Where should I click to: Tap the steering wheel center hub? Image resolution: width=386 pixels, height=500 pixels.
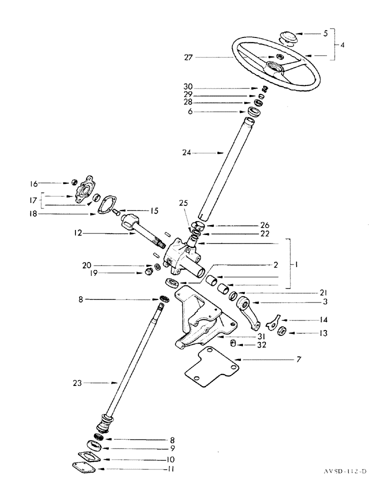275,68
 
